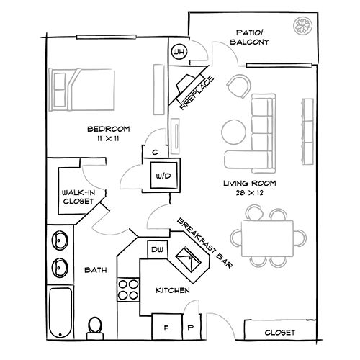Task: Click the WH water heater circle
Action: [x=179, y=53]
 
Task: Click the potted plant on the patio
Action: [x=300, y=27]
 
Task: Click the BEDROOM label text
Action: [x=108, y=129]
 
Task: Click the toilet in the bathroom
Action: [x=94, y=327]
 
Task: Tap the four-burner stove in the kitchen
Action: [x=127, y=288]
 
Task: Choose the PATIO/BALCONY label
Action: [x=253, y=37]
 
